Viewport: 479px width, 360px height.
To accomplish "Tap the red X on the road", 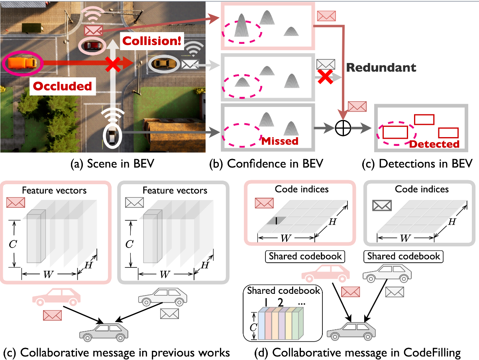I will (x=113, y=63).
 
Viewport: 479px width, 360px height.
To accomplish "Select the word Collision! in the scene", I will (x=152, y=41).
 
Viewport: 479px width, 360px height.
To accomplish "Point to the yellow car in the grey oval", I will (x=163, y=63).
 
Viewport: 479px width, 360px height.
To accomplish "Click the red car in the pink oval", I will (x=92, y=45).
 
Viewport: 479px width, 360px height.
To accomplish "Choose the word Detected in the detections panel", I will (x=434, y=144).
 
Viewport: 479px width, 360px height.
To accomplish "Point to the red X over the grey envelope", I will (x=325, y=77).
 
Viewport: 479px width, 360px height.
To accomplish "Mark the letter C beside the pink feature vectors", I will (x=13, y=244).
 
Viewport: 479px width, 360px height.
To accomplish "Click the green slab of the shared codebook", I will (x=295, y=326).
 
